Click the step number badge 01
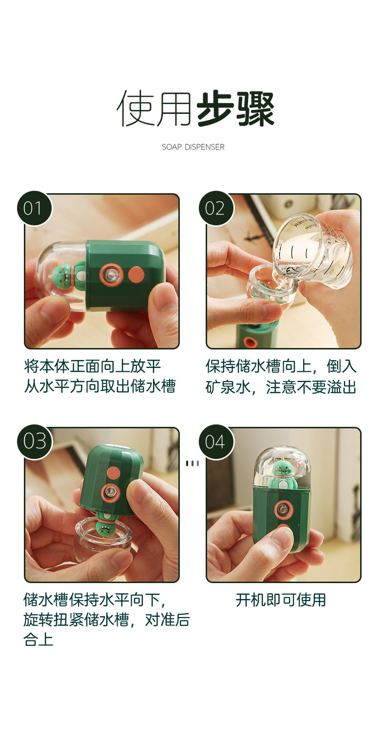coord(35,208)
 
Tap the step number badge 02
coord(216,208)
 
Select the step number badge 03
coord(35,442)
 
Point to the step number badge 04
coord(216,442)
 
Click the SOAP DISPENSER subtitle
coord(193,147)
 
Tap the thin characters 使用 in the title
coord(154,109)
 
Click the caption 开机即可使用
coord(281,600)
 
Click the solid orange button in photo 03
coord(114,473)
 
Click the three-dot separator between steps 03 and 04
coord(192,463)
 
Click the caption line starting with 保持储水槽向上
coord(281,366)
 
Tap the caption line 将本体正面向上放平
coord(93,366)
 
